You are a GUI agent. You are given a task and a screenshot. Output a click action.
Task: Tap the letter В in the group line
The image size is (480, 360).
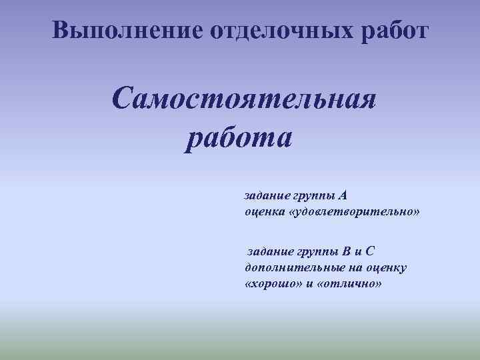pos(345,251)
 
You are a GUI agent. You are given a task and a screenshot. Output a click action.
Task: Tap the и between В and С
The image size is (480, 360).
pos(359,251)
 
